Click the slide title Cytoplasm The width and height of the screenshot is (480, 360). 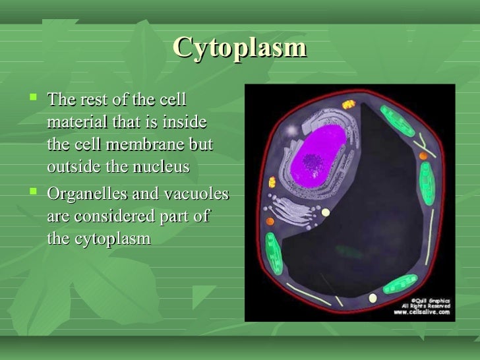coord(240,47)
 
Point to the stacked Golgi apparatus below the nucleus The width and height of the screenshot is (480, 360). coord(293,208)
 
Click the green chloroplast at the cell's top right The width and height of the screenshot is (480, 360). coord(400,123)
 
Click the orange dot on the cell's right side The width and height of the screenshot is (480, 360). coord(423,156)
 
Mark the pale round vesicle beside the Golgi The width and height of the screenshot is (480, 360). coord(324,212)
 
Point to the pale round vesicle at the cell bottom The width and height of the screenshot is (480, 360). coord(373,298)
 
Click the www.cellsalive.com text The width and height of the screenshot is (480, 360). coord(422,313)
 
